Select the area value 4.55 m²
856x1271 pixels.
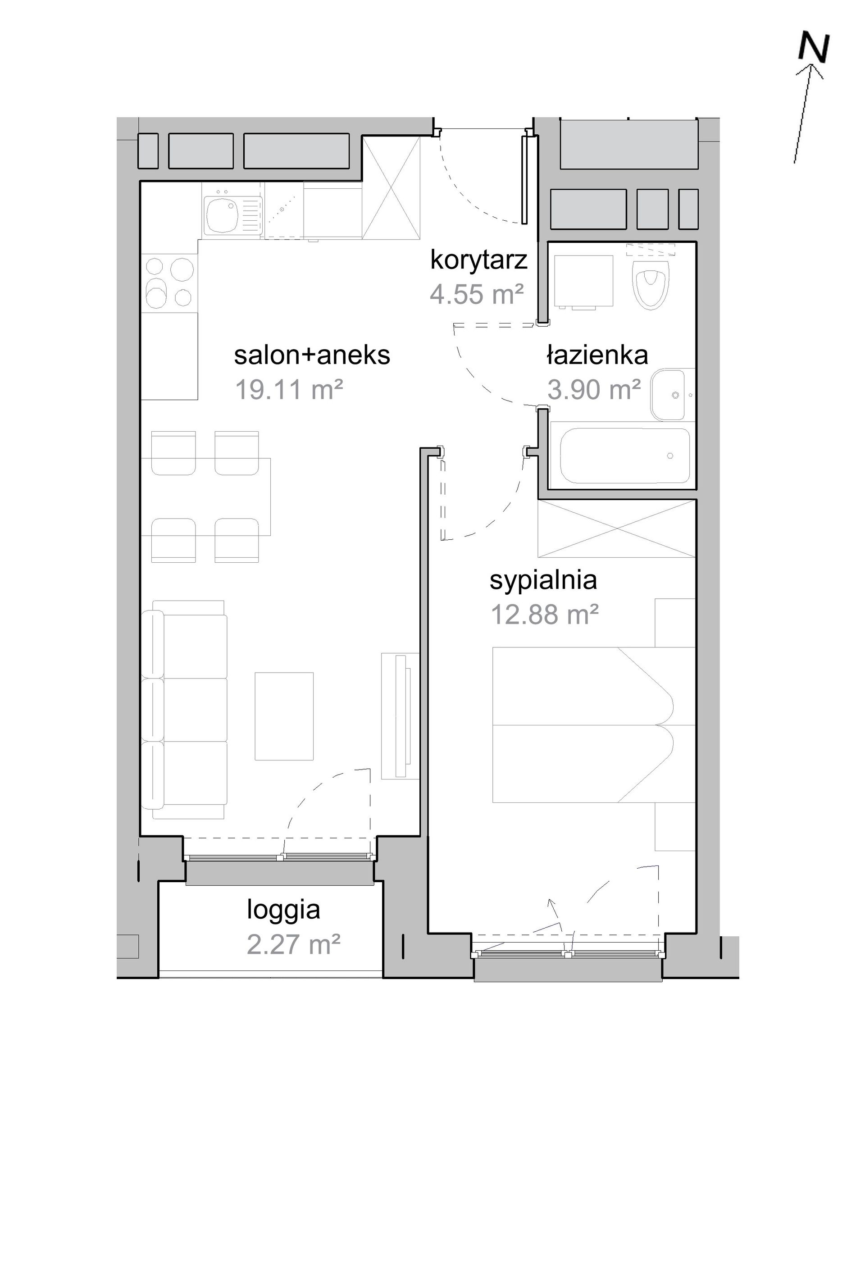[477, 294]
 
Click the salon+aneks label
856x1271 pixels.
[312, 355]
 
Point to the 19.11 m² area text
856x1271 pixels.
[289, 390]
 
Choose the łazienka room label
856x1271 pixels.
[597, 355]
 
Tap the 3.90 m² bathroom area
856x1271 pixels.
[594, 390]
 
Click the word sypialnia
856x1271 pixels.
[543, 580]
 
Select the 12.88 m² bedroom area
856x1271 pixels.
[545, 614]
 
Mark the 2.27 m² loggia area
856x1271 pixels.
[294, 944]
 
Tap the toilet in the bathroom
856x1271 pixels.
[650, 279]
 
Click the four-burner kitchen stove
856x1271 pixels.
[169, 282]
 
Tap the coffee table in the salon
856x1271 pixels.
[284, 716]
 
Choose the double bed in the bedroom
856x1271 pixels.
[593, 725]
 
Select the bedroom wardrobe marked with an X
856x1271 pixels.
[617, 528]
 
